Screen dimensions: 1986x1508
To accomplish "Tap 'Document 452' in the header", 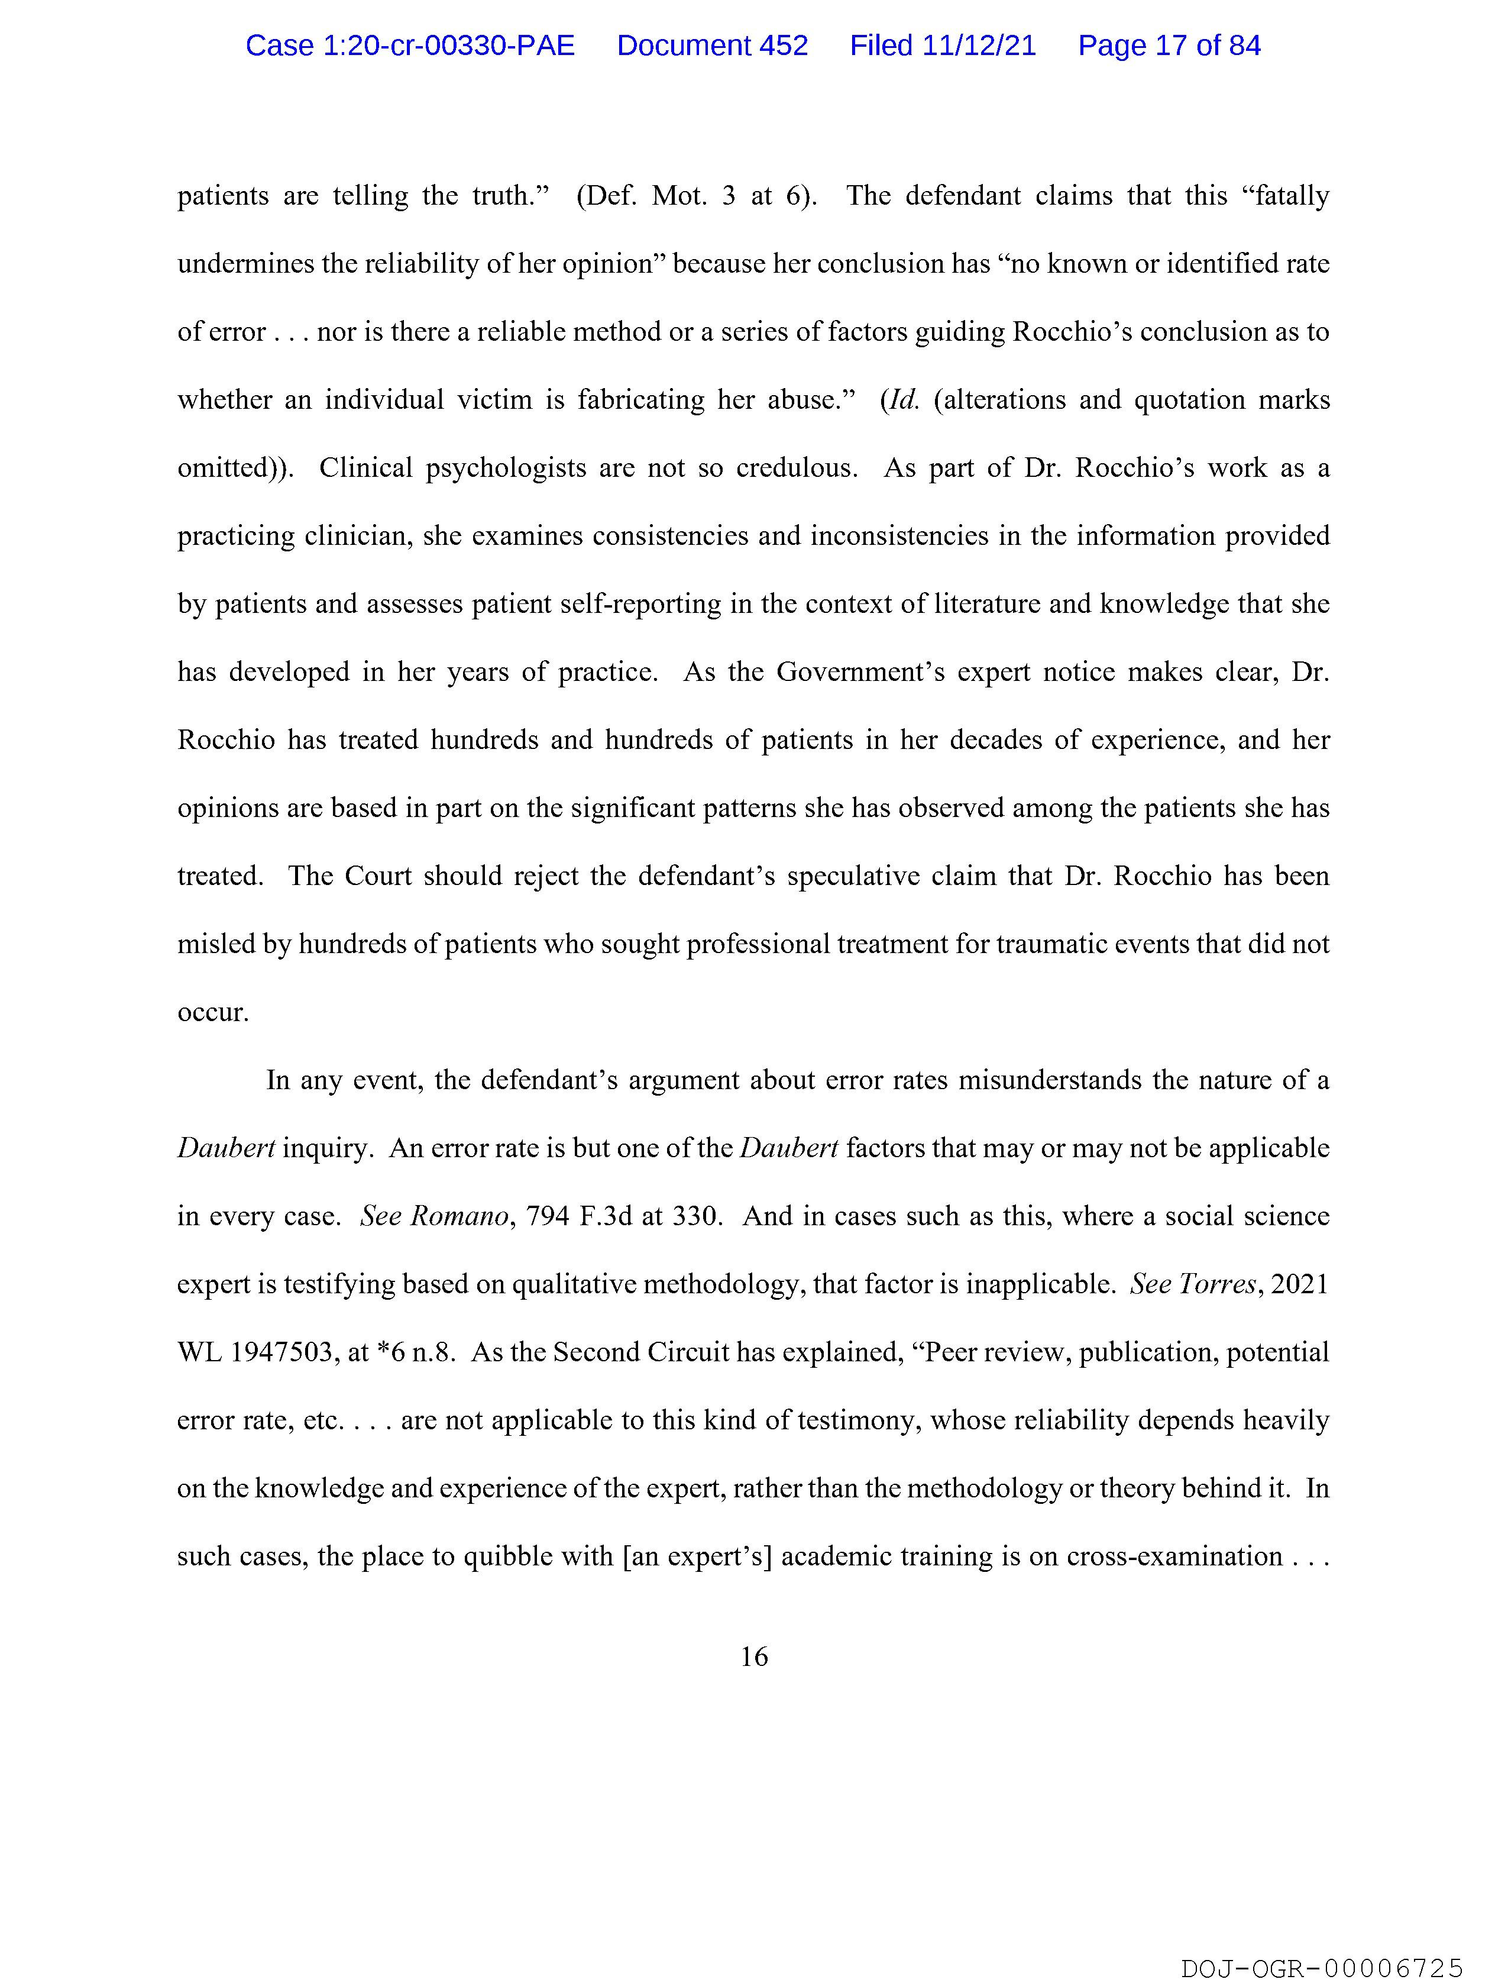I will pyautogui.click(x=712, y=46).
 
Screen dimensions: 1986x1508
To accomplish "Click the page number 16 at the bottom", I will pyautogui.click(x=754, y=1656).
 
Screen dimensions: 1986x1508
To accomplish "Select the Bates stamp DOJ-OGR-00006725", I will pyautogui.click(x=1321, y=1969).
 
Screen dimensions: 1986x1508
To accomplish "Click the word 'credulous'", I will pyautogui.click(x=796, y=468).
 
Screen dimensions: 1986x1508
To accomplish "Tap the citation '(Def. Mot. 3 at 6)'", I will pyautogui.click(x=695, y=196).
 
